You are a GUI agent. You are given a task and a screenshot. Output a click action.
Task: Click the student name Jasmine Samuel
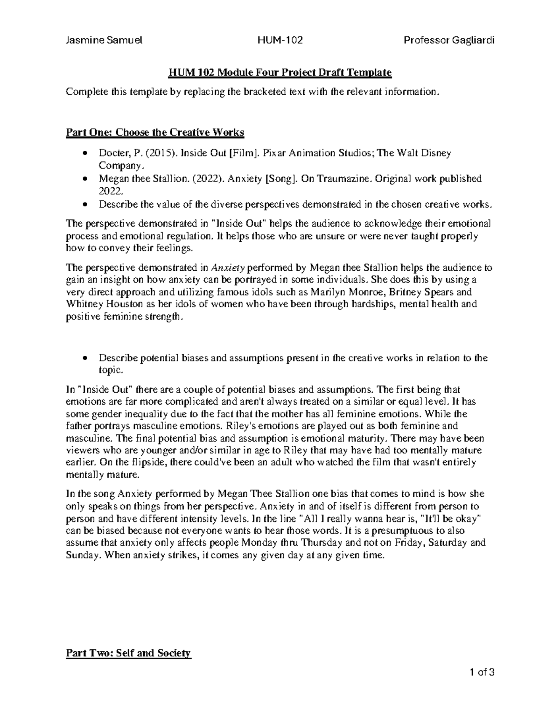(x=104, y=40)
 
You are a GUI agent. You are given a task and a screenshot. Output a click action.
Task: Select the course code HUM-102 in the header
(x=280, y=40)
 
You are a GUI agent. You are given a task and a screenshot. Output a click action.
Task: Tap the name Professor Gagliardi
(x=449, y=40)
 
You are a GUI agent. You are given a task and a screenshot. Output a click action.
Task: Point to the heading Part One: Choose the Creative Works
(x=155, y=133)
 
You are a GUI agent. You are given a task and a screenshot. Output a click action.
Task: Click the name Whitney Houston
(x=99, y=304)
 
